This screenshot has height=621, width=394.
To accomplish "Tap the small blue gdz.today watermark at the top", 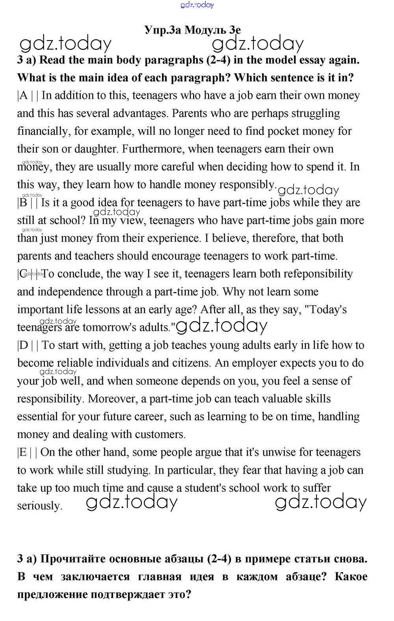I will (x=197, y=5).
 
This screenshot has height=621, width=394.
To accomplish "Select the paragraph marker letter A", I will (x=24, y=96).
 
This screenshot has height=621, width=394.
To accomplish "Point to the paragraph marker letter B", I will (x=23, y=203).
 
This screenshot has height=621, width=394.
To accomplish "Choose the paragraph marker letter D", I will (x=24, y=345).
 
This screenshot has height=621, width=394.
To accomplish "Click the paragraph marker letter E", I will (x=23, y=452).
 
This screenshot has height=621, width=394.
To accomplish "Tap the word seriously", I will (x=39, y=506).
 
